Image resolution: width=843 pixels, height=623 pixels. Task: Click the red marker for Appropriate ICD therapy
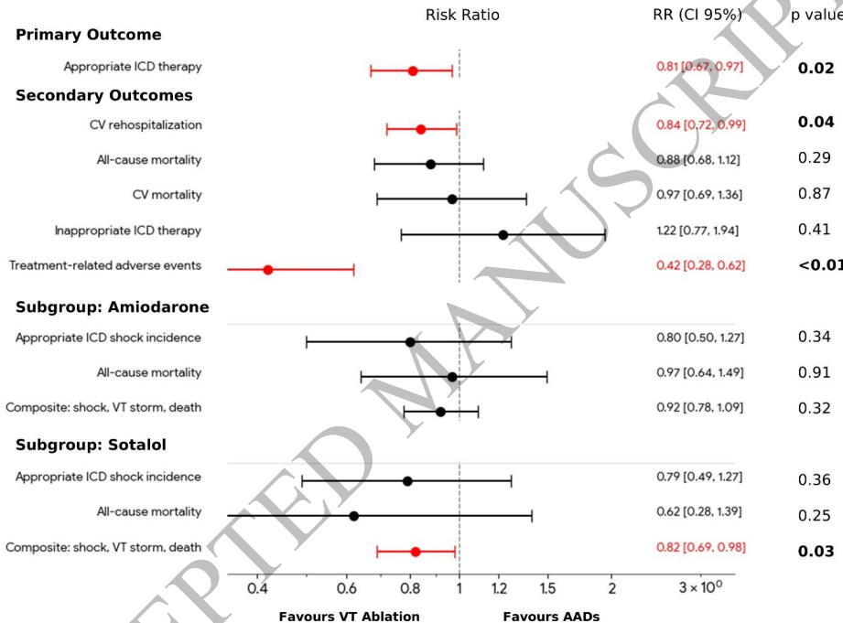(413, 70)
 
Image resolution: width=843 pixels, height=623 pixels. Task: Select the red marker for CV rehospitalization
(421, 129)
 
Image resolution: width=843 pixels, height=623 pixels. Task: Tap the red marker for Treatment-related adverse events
(268, 270)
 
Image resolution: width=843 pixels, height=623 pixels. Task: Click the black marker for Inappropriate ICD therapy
(503, 235)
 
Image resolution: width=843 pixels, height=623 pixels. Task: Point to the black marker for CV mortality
(452, 199)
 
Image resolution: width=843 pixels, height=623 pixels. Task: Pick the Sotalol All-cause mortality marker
(353, 516)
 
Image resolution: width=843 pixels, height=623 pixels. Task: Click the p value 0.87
(815, 194)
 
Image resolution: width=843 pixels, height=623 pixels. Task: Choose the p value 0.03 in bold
(816, 551)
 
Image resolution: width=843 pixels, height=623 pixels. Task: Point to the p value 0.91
(815, 372)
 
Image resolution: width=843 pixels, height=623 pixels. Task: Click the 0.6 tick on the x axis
(346, 586)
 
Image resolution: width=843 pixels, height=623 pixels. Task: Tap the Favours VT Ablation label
(349, 616)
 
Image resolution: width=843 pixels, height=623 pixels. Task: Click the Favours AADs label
(551, 616)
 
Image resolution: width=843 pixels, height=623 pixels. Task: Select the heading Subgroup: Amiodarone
(113, 307)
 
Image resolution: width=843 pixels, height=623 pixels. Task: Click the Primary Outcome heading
(88, 35)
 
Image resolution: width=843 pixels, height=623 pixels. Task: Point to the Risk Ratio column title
(462, 16)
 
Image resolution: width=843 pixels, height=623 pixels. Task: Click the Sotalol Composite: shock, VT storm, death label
(103, 547)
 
